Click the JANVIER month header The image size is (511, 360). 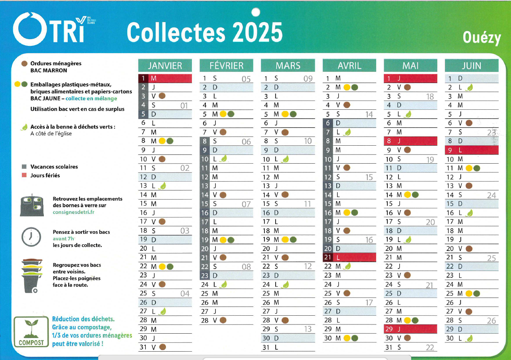pos(165,66)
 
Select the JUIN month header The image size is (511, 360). pos(472,66)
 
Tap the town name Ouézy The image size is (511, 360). pos(481,38)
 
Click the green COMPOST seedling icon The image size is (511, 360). pos(31,328)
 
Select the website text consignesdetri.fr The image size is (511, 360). pos(73,212)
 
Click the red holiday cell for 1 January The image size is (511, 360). pos(165,78)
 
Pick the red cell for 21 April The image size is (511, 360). pos(349,257)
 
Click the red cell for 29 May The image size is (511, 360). pos(410,329)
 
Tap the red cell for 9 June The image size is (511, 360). pos(472,150)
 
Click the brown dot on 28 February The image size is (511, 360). pos(223,320)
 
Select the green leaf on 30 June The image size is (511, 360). pos(470,338)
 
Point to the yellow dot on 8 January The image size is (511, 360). pos(162,140)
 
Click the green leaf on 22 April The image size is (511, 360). pos(347,266)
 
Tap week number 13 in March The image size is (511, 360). pos(308,329)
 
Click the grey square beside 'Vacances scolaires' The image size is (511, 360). pos(24,167)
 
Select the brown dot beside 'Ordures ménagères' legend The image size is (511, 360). pos(24,63)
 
